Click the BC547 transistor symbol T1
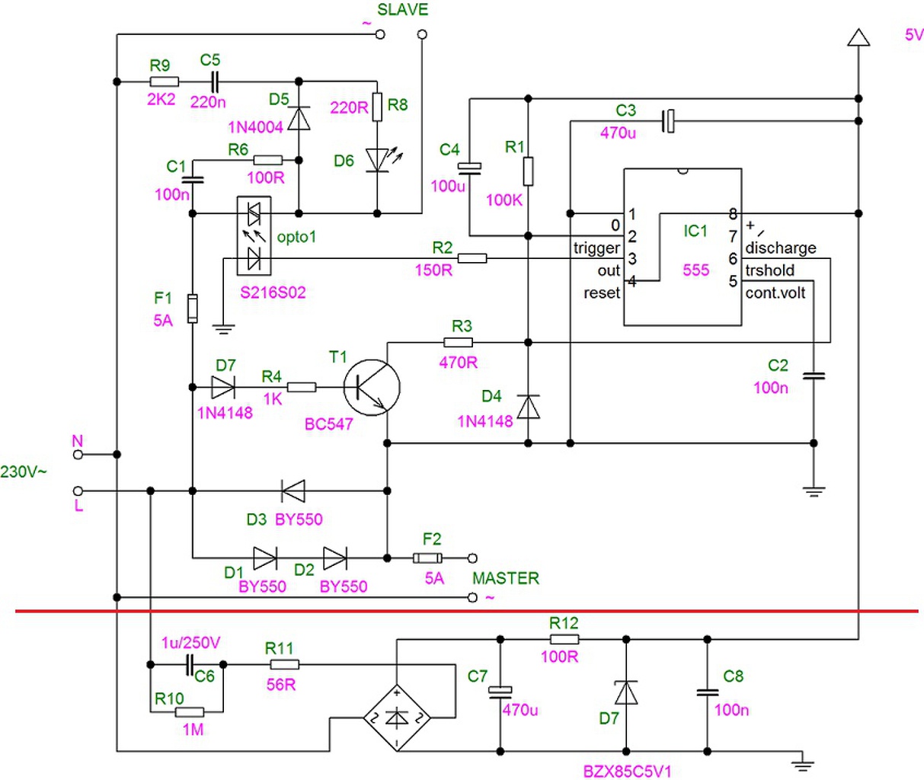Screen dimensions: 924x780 pos(372,388)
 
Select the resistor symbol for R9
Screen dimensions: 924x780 pos(165,82)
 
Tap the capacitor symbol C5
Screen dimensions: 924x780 pos(215,82)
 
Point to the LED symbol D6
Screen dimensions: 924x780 pos(379,160)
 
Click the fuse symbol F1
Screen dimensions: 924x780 pos(193,308)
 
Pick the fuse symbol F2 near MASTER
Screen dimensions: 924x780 pos(427,558)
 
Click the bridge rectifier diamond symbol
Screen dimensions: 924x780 pos(397,718)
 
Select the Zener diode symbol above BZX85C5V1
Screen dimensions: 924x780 pos(625,693)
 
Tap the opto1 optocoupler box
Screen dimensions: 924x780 pos(254,236)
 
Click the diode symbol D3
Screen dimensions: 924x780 pos(293,491)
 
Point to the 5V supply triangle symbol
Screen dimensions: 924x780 pos(858,37)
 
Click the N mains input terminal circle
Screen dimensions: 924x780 pos(78,455)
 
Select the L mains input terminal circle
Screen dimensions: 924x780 pos(78,491)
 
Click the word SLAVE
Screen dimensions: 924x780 pos(402,10)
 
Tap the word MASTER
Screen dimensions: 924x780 pos(506,578)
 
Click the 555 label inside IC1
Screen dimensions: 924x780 pos(695,270)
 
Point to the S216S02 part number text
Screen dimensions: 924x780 pos(273,292)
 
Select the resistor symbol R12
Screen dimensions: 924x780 pos(564,639)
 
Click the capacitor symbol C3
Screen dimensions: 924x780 pos(668,121)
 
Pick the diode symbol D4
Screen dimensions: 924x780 pos(528,407)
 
